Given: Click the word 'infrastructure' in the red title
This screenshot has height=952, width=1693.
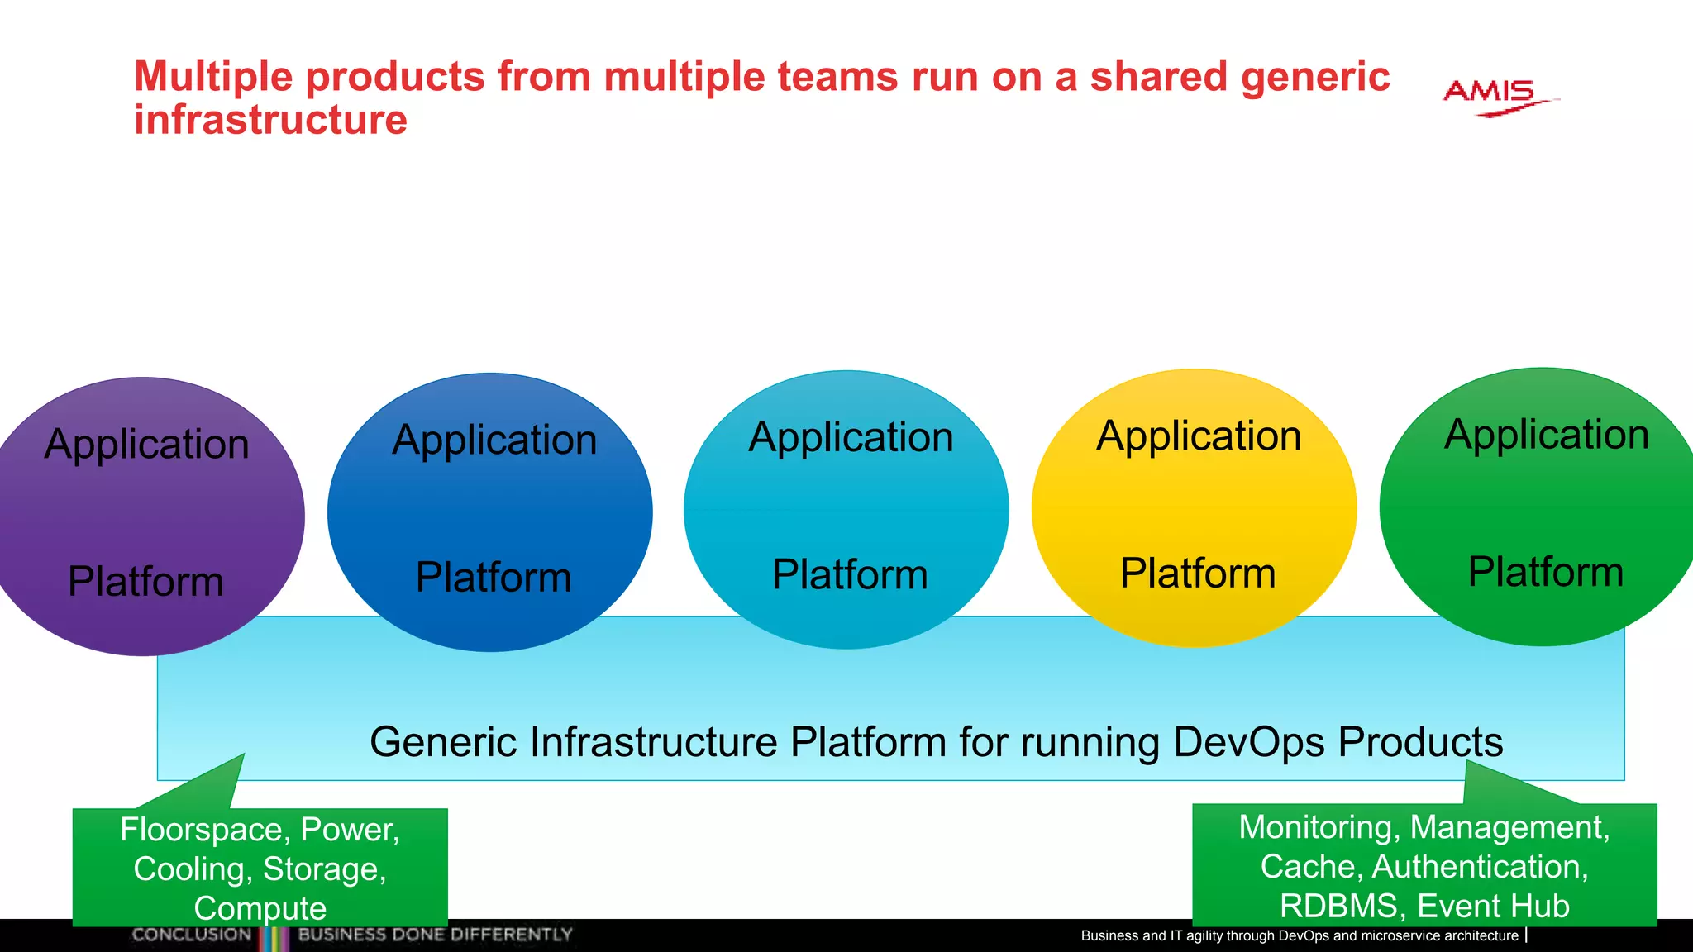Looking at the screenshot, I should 270,120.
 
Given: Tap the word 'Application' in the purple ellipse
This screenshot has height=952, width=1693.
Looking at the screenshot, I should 146,445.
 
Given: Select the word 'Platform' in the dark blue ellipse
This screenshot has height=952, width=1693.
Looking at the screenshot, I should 493,577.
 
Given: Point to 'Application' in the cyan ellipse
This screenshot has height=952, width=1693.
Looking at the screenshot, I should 851,437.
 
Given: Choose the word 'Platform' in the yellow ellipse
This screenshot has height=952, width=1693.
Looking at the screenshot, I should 1197,573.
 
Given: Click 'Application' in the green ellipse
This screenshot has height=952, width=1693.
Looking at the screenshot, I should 1546,435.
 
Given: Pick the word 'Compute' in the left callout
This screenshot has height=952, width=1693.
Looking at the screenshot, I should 260,908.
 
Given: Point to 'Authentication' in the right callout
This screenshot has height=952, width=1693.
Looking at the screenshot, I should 1480,867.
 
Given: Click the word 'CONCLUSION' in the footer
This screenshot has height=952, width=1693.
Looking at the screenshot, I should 191,935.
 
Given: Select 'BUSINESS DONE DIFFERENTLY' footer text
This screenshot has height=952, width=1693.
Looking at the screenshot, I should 435,935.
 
